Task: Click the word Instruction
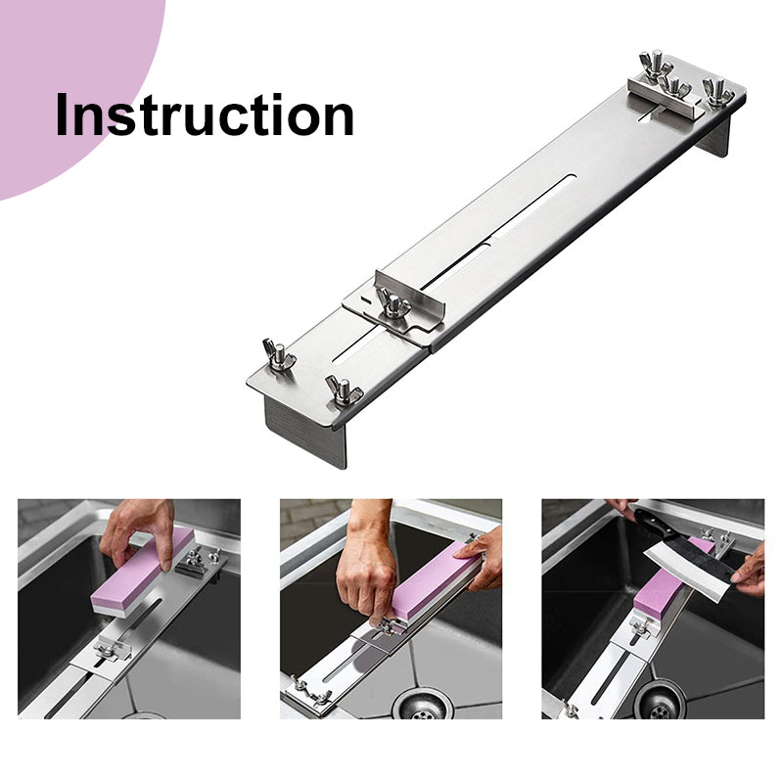pyautogui.click(x=205, y=115)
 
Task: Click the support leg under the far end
pyautogui.click(x=715, y=135)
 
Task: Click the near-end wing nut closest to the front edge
pyautogui.click(x=342, y=390)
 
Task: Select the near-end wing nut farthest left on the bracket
pyautogui.click(x=279, y=354)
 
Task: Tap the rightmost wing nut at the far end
pyautogui.click(x=717, y=92)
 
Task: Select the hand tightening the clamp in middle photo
pyautogui.click(x=367, y=565)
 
